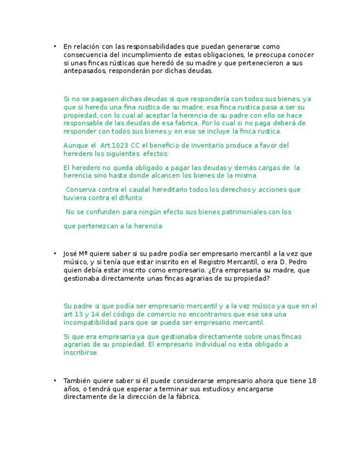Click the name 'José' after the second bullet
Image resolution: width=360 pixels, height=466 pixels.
[70, 254]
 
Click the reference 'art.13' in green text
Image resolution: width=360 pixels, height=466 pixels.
[74, 314]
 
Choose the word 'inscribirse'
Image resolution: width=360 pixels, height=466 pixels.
[80, 353]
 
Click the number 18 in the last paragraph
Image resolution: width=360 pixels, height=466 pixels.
[313, 381]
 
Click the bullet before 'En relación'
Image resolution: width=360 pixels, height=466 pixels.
[55, 47]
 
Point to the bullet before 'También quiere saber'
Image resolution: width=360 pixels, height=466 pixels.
[55, 381]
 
